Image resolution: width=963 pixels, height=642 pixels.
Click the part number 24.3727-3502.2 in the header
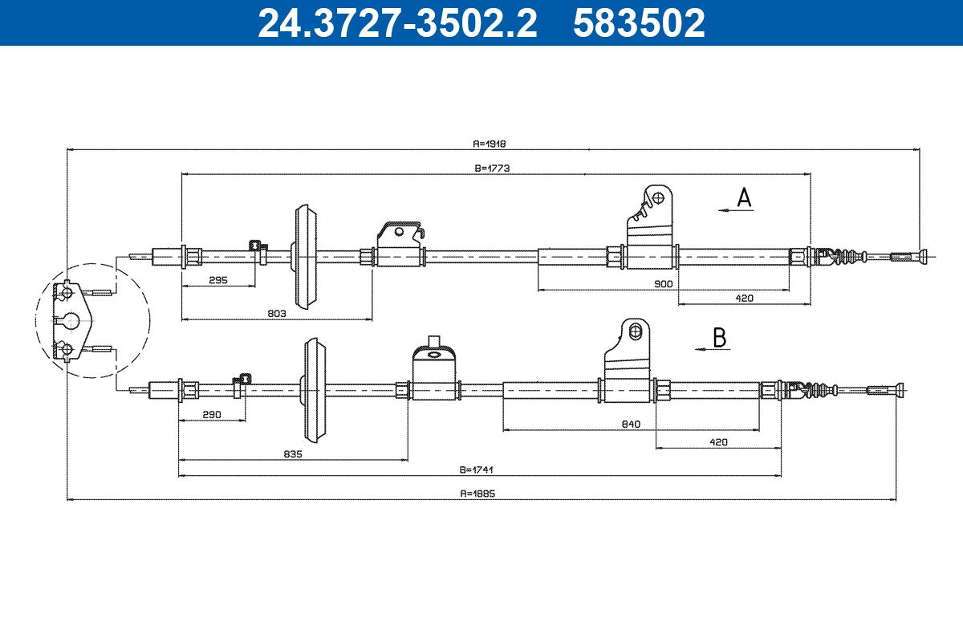tap(396, 22)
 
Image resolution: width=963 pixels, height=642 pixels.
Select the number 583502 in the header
tap(639, 22)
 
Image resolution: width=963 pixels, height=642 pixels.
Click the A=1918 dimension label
tap(490, 144)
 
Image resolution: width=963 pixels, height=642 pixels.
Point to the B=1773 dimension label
tap(493, 169)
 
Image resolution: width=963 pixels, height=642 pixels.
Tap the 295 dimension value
tap(218, 281)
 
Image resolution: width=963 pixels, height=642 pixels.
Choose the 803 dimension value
tap(276, 314)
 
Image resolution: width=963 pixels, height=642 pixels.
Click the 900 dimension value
tap(663, 283)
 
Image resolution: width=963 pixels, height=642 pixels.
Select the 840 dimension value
tap(631, 425)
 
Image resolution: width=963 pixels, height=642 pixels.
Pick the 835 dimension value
tap(292, 454)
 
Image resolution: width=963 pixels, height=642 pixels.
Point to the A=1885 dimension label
tap(479, 494)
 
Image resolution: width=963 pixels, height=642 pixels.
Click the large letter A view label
tap(745, 197)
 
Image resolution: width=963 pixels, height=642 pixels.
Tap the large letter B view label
tap(720, 338)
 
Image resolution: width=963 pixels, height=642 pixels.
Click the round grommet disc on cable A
tap(305, 257)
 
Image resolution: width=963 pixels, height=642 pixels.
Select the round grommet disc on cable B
tap(314, 390)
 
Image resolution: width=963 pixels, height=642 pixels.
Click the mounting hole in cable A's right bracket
tap(658, 197)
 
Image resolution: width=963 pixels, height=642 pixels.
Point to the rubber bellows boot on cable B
tap(811, 390)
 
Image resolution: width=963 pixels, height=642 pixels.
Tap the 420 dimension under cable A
tap(744, 298)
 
